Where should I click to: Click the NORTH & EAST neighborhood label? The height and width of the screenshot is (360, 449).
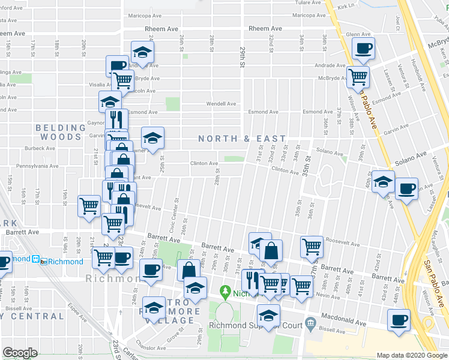pos(234,139)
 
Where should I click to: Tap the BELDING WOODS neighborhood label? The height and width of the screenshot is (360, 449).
pos(61,132)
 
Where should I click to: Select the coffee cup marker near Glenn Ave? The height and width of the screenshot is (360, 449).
pos(363,49)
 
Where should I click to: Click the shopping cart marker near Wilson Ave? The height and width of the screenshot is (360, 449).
pos(358,77)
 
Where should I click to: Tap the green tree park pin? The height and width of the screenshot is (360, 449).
pos(226,292)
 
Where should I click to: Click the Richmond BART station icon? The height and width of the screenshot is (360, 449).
pos(36,261)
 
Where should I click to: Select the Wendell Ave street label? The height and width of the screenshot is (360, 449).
pos(221,104)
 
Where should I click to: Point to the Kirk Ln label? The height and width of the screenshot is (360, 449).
pos(346,7)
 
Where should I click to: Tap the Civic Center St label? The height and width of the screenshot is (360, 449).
pos(173,217)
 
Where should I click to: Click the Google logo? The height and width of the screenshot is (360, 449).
pos(20,353)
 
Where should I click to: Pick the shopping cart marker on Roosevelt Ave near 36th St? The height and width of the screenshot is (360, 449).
pos(312,245)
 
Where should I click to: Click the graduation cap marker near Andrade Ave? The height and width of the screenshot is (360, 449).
pos(142,51)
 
